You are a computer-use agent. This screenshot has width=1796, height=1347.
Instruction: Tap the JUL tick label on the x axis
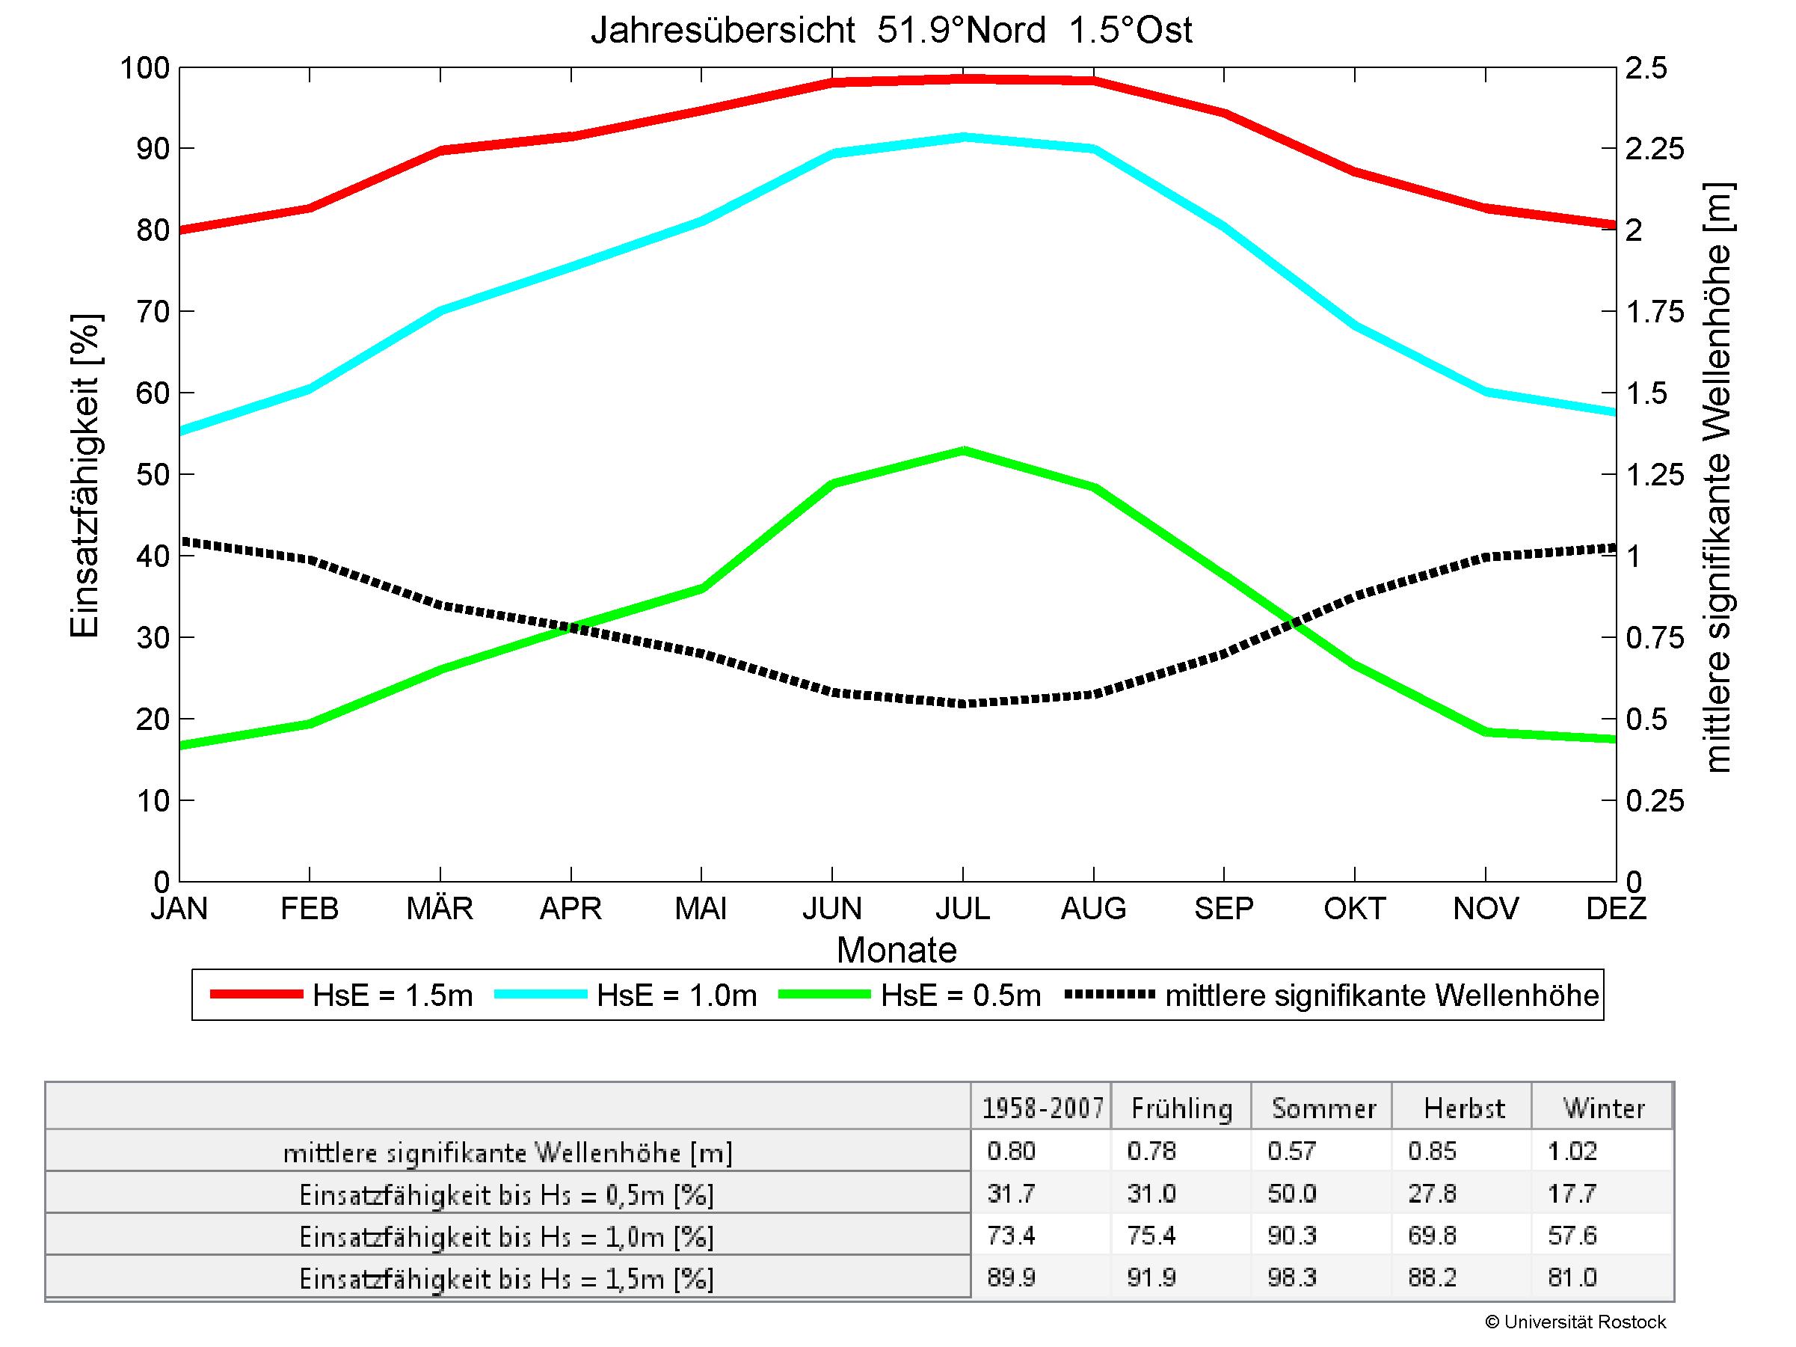(x=963, y=908)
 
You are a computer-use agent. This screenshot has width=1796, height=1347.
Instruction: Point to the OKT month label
(x=1354, y=908)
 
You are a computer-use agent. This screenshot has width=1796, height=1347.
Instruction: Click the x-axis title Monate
(x=897, y=950)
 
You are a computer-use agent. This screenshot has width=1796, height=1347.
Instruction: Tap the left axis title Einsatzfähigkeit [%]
(x=84, y=475)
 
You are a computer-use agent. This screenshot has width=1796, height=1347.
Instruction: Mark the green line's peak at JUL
(x=963, y=451)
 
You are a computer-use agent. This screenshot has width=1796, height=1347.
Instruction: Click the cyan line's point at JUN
(x=832, y=153)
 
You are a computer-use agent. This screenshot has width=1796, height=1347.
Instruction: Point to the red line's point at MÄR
(x=441, y=150)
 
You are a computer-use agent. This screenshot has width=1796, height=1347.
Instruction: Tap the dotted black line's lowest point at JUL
(x=963, y=703)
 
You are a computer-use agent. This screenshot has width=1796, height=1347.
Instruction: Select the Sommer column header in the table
(x=1323, y=1108)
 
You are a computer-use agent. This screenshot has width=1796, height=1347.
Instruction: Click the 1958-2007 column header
(x=1042, y=1108)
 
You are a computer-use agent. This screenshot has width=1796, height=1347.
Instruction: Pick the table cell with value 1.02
(x=1572, y=1151)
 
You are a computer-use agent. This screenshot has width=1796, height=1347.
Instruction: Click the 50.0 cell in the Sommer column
(x=1291, y=1194)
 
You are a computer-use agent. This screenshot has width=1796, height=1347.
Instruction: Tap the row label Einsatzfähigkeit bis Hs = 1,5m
(x=507, y=1279)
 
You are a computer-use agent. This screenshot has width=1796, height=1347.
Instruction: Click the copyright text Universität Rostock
(x=1576, y=1322)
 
